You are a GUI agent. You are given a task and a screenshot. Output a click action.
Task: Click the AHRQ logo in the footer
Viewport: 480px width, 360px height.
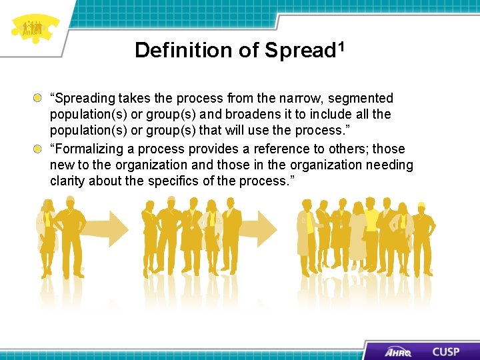click(398, 351)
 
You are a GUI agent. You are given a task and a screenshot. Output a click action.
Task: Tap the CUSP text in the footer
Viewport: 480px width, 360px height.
click(446, 351)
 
